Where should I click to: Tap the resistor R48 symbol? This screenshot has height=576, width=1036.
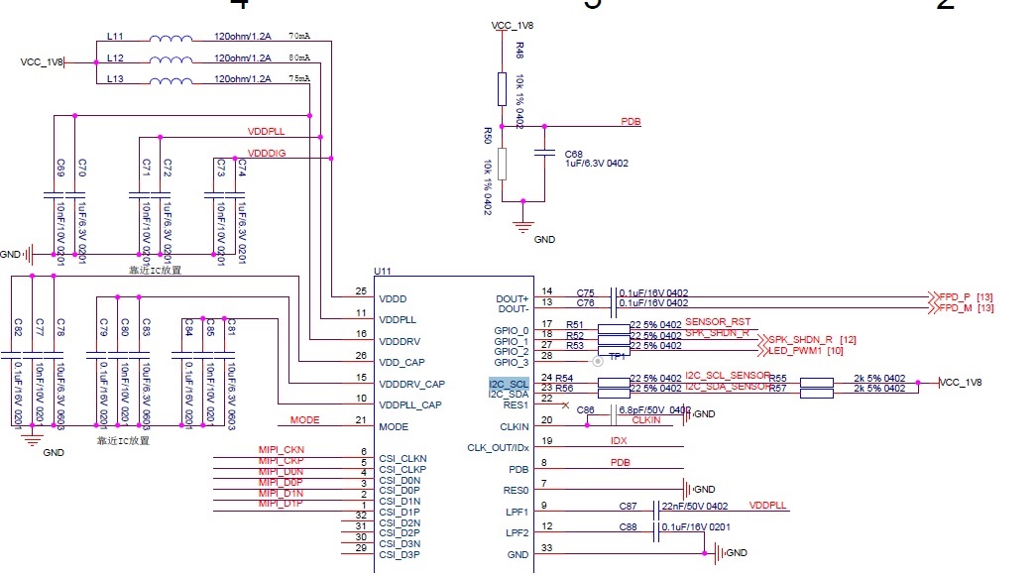coord(502,89)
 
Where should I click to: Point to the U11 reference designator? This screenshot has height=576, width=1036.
coord(384,271)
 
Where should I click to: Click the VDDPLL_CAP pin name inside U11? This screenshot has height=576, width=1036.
coord(411,405)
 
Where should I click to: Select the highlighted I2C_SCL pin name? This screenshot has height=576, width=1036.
coord(509,383)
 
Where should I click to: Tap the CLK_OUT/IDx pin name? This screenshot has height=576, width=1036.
coord(497,448)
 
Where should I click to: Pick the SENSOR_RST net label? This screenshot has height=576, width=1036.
coord(718,322)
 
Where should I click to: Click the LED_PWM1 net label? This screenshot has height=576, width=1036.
coord(792,351)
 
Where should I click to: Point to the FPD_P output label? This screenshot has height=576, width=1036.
coord(955,295)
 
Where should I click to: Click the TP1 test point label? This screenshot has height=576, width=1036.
coord(617,356)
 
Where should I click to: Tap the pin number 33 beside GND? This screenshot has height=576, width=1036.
coord(547,548)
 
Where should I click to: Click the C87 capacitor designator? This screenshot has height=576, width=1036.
coord(628,506)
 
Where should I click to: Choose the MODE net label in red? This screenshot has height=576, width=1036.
coord(304,420)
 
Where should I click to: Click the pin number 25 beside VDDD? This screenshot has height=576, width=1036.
coord(361,291)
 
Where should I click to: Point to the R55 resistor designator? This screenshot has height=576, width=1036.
coord(778,378)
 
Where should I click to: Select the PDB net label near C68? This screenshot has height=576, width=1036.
coord(631,121)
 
